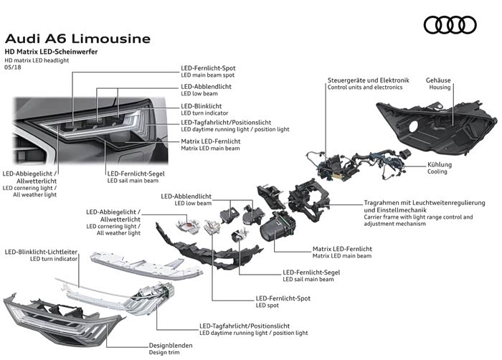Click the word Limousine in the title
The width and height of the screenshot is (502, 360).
click(x=109, y=38)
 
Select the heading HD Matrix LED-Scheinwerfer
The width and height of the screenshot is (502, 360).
click(x=51, y=53)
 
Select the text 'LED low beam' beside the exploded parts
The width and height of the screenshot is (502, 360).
click(x=194, y=203)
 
